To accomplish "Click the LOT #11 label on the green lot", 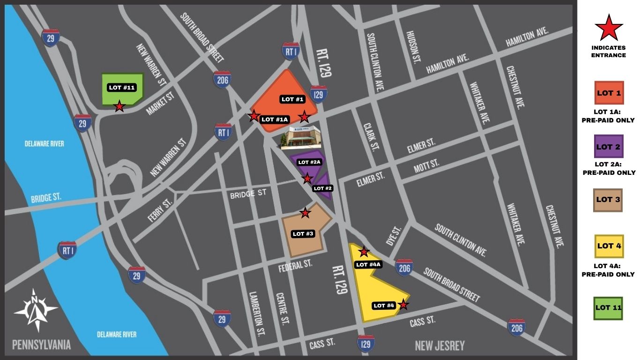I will [122, 88].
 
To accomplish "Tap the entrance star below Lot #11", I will [119, 106].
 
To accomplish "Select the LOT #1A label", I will [275, 120].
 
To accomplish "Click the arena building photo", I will [301, 137].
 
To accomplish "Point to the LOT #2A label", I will [309, 162].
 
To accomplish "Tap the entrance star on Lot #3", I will [305, 213].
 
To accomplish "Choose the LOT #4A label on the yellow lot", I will [369, 264].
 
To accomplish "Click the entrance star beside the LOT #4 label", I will [403, 305].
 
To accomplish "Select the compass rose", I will [35, 310].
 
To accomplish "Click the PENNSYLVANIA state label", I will [41, 345].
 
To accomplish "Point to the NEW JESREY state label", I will [439, 346].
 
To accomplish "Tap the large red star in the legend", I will [608, 28].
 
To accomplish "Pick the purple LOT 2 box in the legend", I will [609, 147].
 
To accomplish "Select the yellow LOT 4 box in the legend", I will [609, 246].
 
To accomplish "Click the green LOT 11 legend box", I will [609, 308].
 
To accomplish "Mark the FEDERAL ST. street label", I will [295, 264].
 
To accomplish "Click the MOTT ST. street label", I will [426, 165].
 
